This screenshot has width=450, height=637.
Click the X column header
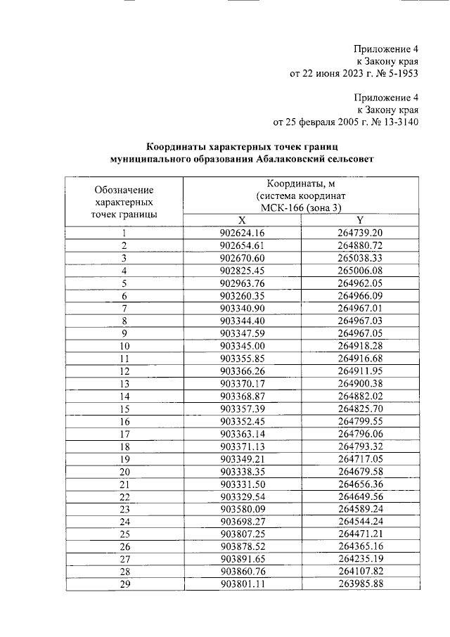point(241,220)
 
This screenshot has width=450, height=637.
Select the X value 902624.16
point(241,233)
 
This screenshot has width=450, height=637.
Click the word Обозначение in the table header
point(124,189)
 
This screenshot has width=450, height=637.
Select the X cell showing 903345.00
point(241,346)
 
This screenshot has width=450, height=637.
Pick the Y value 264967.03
point(359,321)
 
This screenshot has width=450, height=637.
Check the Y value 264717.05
point(359,458)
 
